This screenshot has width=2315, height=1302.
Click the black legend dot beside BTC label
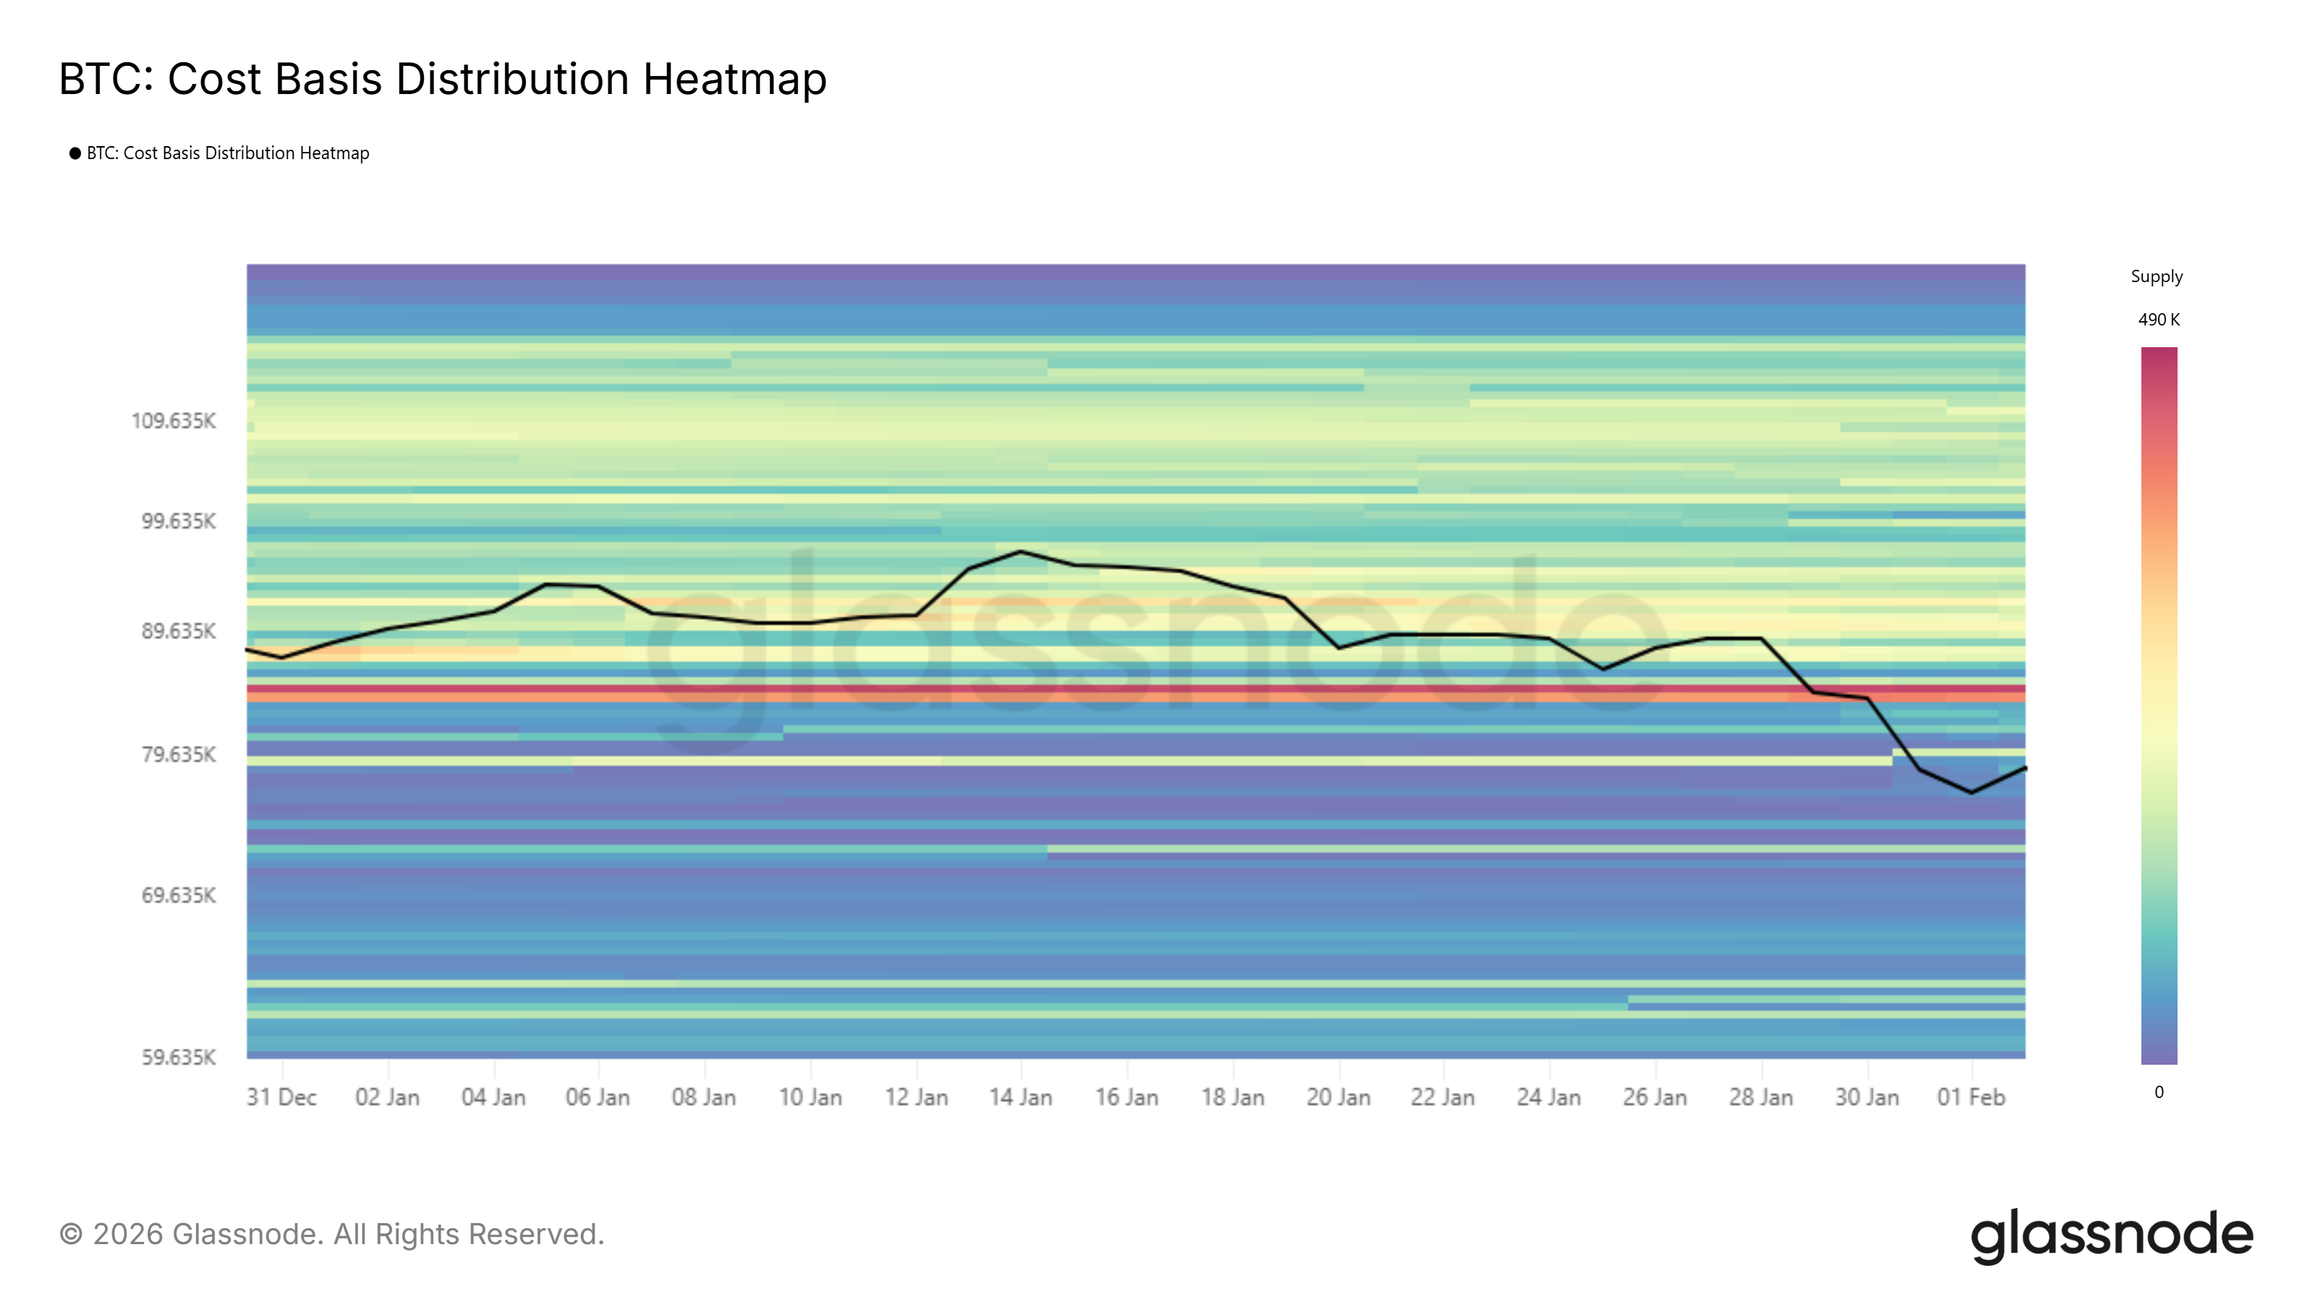pos(75,153)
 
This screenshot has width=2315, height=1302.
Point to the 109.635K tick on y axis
pos(174,420)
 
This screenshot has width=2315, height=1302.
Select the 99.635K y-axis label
pos(178,521)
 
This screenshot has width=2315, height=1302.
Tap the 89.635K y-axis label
pos(178,631)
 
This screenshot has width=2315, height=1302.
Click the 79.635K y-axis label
pos(178,754)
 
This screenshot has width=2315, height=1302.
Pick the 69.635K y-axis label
pos(178,895)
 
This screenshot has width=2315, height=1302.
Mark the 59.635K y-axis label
pos(178,1057)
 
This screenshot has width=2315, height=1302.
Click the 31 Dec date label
pos(281,1097)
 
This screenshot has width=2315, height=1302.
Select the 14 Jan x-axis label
pos(1020,1097)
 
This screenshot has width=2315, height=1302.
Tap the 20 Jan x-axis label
pos(1338,1097)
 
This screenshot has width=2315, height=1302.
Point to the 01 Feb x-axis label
pos(1971,1097)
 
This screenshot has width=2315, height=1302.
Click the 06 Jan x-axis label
pos(598,1097)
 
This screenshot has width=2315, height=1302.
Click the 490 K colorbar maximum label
pos(2159,320)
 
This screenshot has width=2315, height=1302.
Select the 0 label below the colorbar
pos(2159,1092)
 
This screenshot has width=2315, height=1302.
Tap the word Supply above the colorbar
pos(2156,277)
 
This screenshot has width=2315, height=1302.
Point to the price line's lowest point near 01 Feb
pos(1971,793)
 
